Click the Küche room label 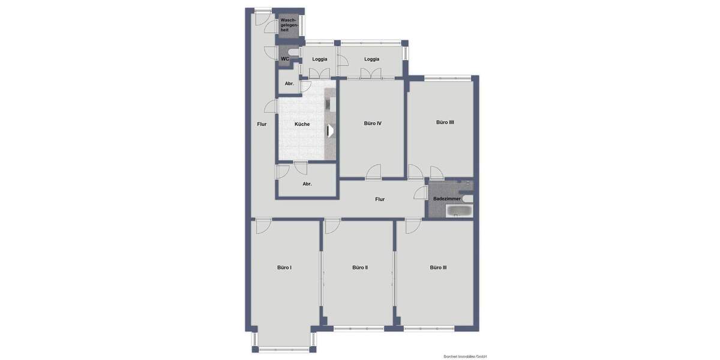click(302, 124)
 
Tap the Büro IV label click(373, 123)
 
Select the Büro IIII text click(445, 122)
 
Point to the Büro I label click(284, 268)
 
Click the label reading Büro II click(360, 268)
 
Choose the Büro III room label click(438, 268)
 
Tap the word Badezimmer click(447, 199)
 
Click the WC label click(285, 59)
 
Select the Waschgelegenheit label click(289, 25)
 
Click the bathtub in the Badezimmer click(460, 211)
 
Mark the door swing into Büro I click(263, 227)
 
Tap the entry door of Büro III click(413, 227)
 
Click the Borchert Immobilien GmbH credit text click(461, 356)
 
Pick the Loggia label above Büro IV click(371, 59)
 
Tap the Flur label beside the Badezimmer click(380, 199)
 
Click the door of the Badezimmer click(420, 193)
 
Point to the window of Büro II click(359, 328)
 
